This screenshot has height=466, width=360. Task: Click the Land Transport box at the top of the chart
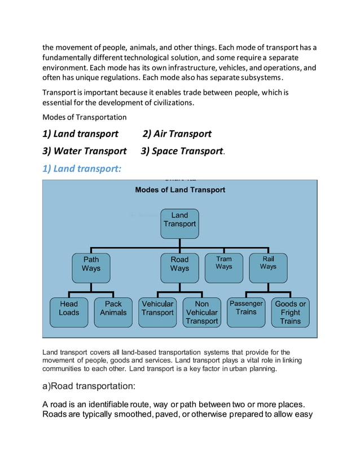tap(179, 219)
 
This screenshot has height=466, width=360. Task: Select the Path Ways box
tap(91, 264)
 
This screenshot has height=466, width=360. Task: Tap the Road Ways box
tap(179, 264)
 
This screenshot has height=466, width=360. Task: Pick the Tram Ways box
tap(223, 263)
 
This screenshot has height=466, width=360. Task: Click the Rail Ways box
tap(268, 263)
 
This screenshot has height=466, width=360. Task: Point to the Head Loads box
tap(69, 309)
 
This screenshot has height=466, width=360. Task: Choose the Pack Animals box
tap(113, 309)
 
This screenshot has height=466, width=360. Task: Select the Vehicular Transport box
tap(157, 309)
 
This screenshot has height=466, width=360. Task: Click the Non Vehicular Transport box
tap(201, 313)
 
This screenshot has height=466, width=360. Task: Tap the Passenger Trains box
tap(246, 309)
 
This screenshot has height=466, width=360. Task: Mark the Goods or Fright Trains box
tap(290, 313)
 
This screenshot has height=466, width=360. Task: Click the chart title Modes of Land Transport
tap(180, 190)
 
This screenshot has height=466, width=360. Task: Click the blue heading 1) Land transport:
tap(82, 168)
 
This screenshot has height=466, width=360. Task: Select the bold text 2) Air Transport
tap(177, 134)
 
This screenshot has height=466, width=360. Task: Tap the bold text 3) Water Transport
tap(85, 151)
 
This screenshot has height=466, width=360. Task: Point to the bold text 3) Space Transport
tap(182, 151)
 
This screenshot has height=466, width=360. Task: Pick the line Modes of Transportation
tap(85, 117)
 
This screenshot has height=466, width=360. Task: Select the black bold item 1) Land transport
tap(81, 134)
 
